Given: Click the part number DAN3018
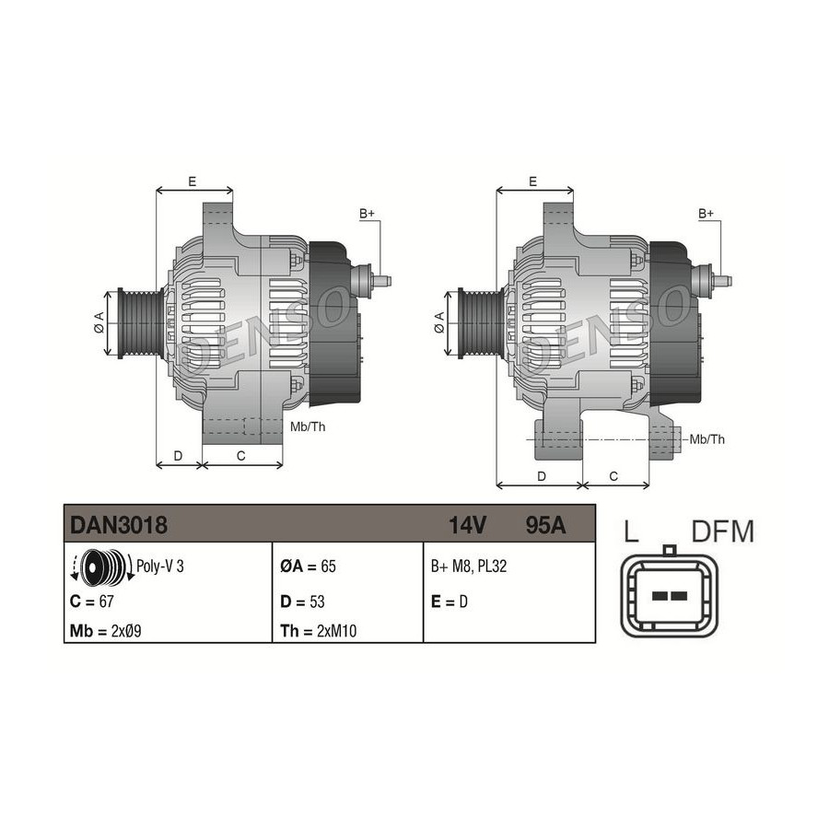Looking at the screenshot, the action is point(119,525).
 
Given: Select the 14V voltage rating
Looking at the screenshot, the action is point(467,525).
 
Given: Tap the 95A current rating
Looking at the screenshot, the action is point(545,525).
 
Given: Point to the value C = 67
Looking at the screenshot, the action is point(91,601).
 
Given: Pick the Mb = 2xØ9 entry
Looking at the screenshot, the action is point(105,631).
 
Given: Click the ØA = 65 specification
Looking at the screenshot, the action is point(308,566).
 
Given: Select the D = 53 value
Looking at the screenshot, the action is point(302,601).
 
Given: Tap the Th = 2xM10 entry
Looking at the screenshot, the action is point(319,631).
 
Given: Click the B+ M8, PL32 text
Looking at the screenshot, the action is point(469,566).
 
